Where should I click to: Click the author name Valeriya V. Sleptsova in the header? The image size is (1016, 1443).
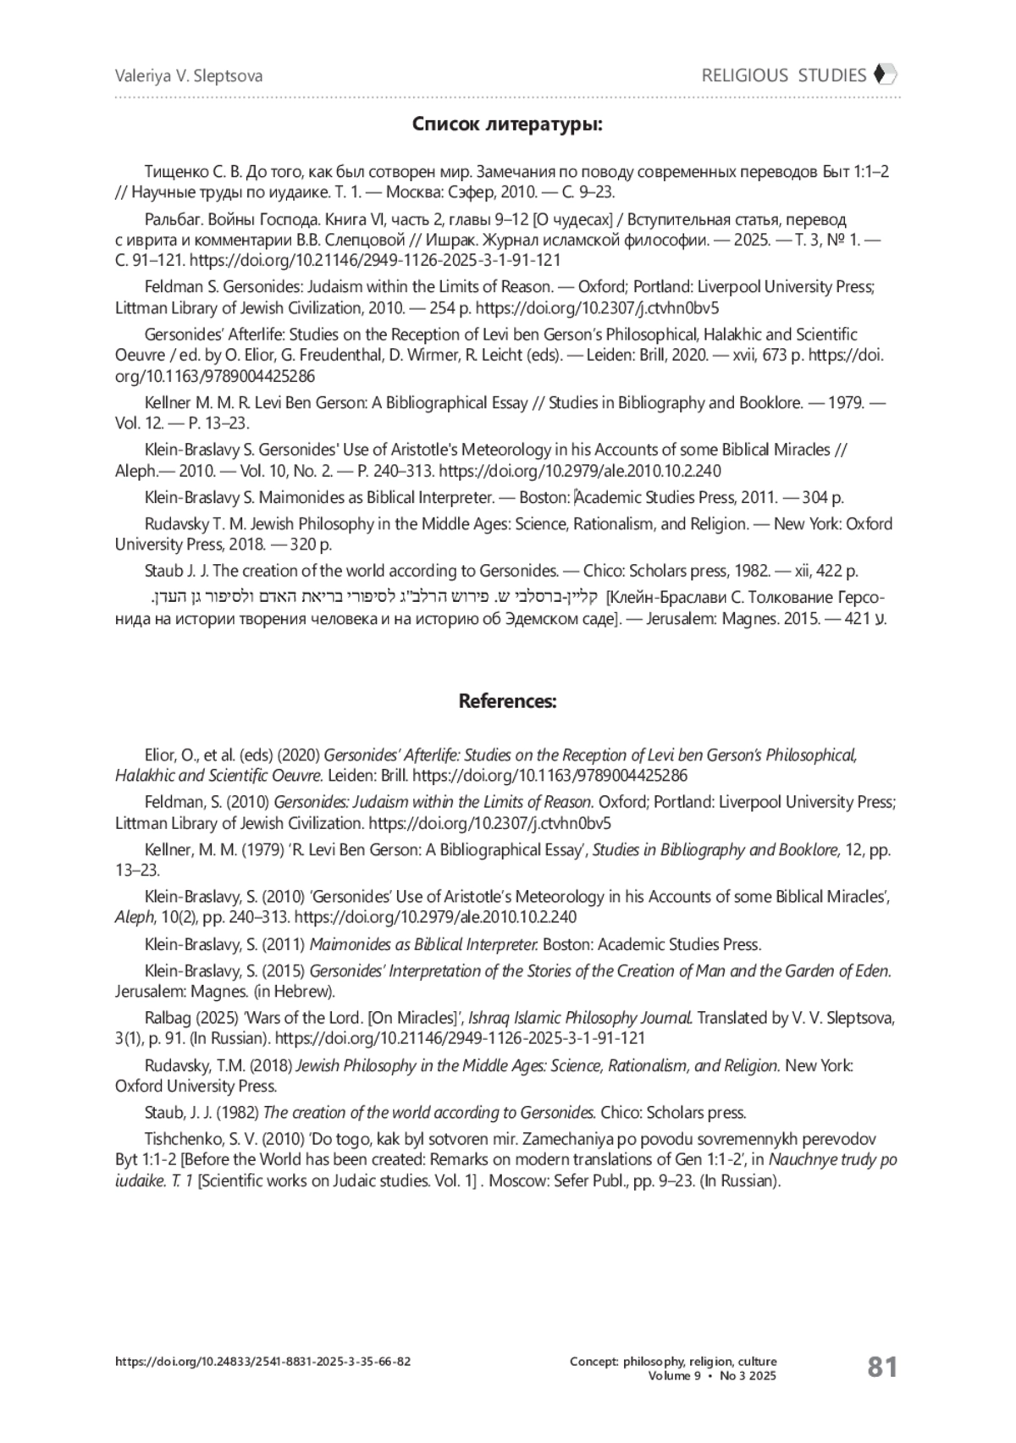(x=189, y=76)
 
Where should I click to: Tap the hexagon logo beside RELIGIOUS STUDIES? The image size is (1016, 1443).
(x=885, y=75)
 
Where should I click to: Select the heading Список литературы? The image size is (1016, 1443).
(x=507, y=124)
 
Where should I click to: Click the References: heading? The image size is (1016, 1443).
(x=507, y=701)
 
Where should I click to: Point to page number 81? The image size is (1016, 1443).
(x=882, y=1367)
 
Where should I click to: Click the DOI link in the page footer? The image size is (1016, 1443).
(x=263, y=1362)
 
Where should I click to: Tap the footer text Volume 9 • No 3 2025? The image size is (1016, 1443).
(x=712, y=1376)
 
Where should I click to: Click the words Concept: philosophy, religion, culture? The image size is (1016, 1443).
(x=673, y=1362)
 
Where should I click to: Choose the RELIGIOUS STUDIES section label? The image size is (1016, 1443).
(x=783, y=75)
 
